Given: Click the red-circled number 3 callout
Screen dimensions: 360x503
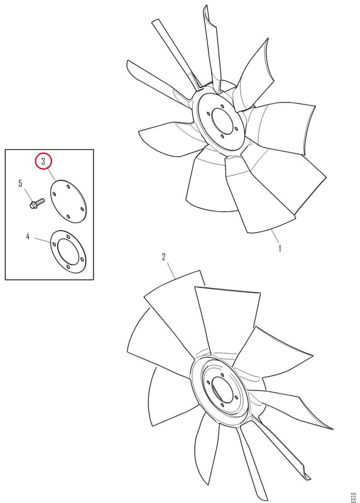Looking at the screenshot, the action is pyautogui.click(x=43, y=162).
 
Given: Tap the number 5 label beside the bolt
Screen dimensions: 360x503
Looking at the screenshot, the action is pyautogui.click(x=21, y=184).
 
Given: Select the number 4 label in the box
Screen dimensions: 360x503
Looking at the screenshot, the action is pyautogui.click(x=28, y=236).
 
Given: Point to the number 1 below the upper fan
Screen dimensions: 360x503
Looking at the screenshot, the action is pyautogui.click(x=280, y=248).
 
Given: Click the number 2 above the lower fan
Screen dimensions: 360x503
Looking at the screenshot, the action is pyautogui.click(x=164, y=257).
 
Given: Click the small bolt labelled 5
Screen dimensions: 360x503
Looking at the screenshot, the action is pyautogui.click(x=37, y=204).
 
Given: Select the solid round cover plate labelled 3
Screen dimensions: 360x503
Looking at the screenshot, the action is pyautogui.click(x=67, y=201).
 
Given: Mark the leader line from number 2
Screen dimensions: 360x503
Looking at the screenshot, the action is pyautogui.click(x=170, y=270).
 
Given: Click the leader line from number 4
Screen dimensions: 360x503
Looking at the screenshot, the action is pyautogui.click(x=42, y=240).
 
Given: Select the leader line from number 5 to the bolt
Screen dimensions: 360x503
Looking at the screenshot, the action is pyautogui.click(x=28, y=194).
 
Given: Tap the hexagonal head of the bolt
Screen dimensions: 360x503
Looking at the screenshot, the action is pyautogui.click(x=33, y=206).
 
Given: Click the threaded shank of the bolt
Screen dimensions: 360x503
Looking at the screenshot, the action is pyautogui.click(x=40, y=201).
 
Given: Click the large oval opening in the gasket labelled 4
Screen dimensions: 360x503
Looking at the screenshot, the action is pyautogui.click(x=68, y=252).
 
